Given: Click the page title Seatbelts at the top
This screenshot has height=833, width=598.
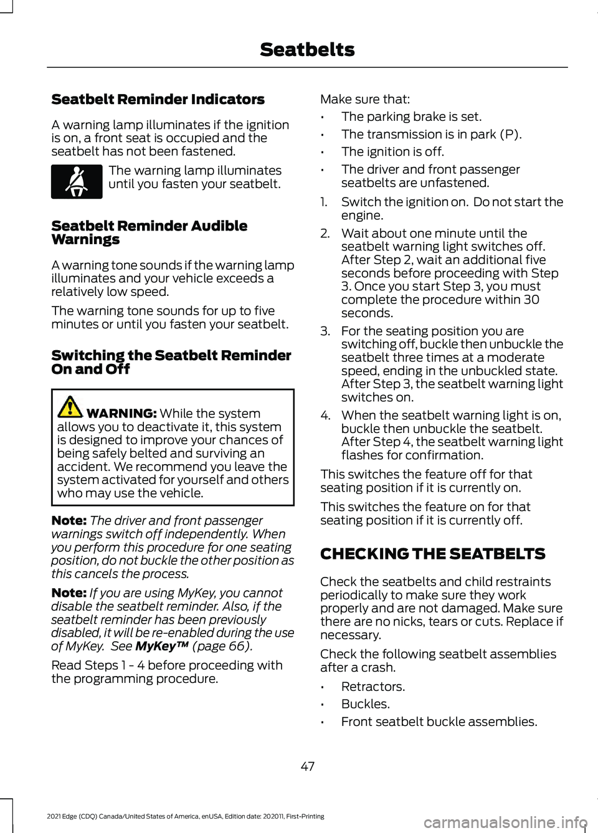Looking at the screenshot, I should pos(307,50).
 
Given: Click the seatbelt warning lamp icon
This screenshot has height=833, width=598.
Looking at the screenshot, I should pos(77,181).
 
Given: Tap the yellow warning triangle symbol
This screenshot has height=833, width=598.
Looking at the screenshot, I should pos(70,407).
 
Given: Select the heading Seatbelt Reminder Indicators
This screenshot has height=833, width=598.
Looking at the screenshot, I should pos(158,100).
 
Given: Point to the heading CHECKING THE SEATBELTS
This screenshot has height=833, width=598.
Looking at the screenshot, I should pos(432,554).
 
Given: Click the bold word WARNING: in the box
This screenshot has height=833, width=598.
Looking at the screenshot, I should pos(121,414).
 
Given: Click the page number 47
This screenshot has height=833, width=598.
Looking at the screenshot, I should pos(308,766).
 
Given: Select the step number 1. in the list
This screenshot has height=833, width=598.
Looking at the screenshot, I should pos(324,202).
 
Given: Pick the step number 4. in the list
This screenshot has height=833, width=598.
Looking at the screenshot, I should pos(325,416).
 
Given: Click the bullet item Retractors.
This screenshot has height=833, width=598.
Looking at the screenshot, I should pos(373,687).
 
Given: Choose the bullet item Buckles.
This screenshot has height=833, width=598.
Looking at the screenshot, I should pos(365,704).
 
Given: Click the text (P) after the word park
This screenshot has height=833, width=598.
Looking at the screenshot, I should pos(511,135).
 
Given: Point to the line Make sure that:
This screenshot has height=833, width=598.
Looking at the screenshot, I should pos(365,99).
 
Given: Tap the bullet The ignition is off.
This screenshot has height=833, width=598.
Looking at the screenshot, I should pos(392,152).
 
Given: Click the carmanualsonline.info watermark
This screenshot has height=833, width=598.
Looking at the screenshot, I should pos(505,822).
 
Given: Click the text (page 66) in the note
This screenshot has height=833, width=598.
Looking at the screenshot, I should pos(222,646).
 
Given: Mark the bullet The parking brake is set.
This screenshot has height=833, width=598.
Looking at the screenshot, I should pos(411,117).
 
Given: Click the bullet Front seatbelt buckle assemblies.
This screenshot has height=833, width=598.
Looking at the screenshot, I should pos(439,721).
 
